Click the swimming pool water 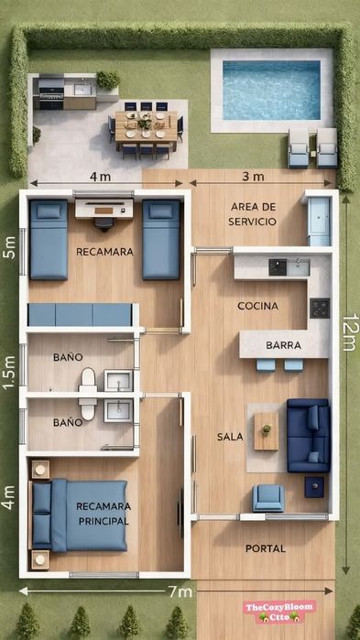point(271,91)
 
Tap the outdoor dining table point(147,125)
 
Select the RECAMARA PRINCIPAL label point(104,514)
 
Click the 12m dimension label point(350,332)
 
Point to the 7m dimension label point(180,591)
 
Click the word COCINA point(258,306)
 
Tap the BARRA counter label point(284,345)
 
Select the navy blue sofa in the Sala point(309,435)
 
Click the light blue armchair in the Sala point(268,498)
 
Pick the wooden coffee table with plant point(267,431)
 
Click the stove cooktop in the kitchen point(320,309)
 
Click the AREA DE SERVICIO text point(252,214)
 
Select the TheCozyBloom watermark point(279,612)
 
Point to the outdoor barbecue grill point(51,94)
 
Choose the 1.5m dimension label point(9,373)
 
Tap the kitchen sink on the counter point(299,267)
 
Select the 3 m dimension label point(253,177)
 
